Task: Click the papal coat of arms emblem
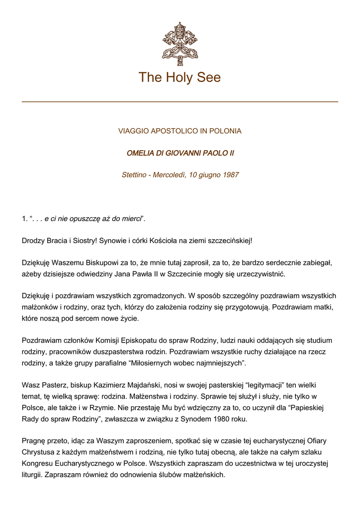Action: click(180, 44)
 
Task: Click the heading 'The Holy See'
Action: click(180, 78)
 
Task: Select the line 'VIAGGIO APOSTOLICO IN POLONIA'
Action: click(180, 131)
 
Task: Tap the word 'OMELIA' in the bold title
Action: click(140, 153)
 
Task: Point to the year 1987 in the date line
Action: click(230, 175)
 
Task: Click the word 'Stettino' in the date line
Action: click(136, 175)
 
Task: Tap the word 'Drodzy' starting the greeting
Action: click(33, 241)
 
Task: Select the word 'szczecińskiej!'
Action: click(228, 241)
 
